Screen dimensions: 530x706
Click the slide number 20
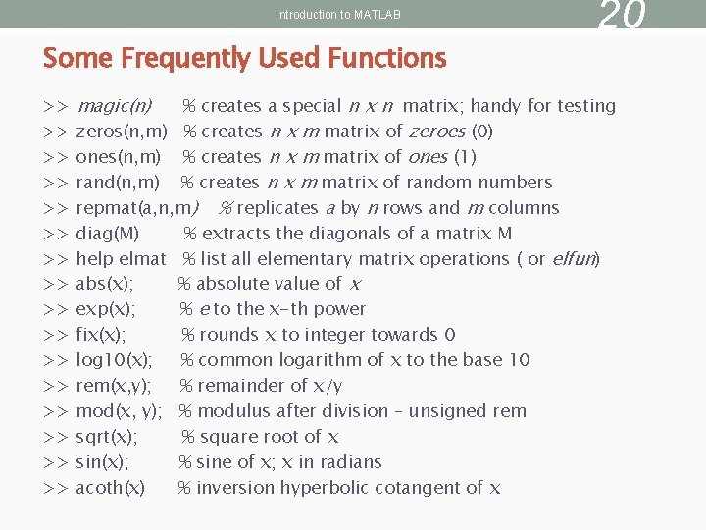622,15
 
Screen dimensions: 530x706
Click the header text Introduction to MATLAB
338,15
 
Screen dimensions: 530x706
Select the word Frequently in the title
185,59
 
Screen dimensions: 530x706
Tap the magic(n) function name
114,106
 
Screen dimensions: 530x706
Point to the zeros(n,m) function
121,132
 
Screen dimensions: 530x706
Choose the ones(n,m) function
119,157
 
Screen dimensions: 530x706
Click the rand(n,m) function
118,183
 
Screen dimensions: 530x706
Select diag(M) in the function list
108,234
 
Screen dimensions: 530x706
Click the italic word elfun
574,259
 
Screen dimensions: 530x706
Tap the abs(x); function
105,284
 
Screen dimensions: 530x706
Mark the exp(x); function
106,309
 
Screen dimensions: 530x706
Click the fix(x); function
101,335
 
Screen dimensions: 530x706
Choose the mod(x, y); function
119,411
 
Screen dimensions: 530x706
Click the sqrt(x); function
107,437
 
